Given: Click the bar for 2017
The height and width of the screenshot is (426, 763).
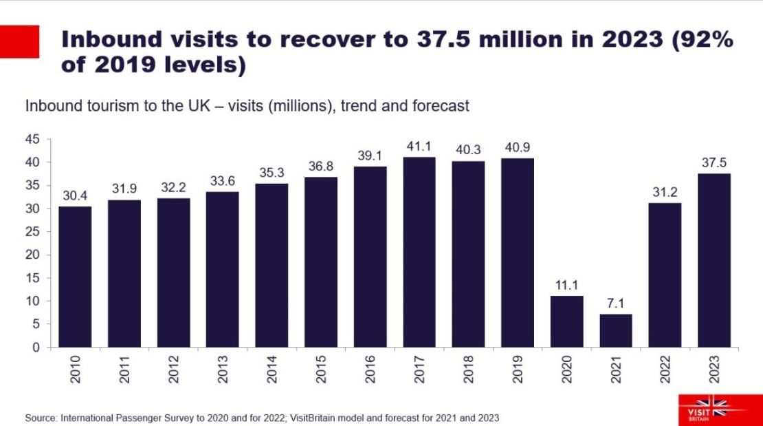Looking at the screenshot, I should (x=419, y=252).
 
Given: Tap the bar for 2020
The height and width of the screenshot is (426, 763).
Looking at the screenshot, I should (x=566, y=321).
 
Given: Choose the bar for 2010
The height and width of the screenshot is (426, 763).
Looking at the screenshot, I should (x=75, y=277).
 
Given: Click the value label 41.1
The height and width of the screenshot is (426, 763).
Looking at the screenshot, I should (x=419, y=147).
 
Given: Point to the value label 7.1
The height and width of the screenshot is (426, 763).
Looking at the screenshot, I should (x=616, y=304).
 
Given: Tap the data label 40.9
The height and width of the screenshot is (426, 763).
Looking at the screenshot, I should (x=518, y=148).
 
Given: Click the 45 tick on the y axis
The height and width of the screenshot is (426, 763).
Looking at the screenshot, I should (x=32, y=140).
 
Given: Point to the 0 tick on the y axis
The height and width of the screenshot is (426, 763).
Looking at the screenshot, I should (x=36, y=348).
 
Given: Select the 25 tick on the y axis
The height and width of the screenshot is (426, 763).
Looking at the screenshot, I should (x=32, y=232).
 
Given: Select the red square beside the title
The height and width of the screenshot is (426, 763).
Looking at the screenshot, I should (x=19, y=41).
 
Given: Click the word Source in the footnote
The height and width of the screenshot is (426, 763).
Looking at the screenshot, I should (x=41, y=418).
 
